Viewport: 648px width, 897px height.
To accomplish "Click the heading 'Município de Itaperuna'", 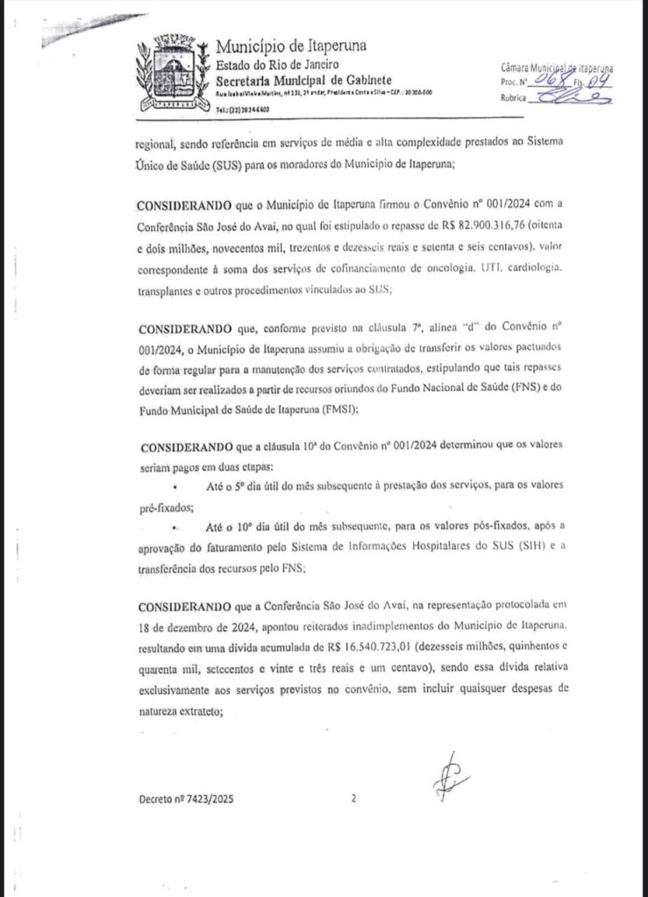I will (x=291, y=46).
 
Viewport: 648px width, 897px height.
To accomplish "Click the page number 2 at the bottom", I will (x=353, y=799).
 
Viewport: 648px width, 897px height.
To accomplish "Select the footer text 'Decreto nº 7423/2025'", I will (x=186, y=800).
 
